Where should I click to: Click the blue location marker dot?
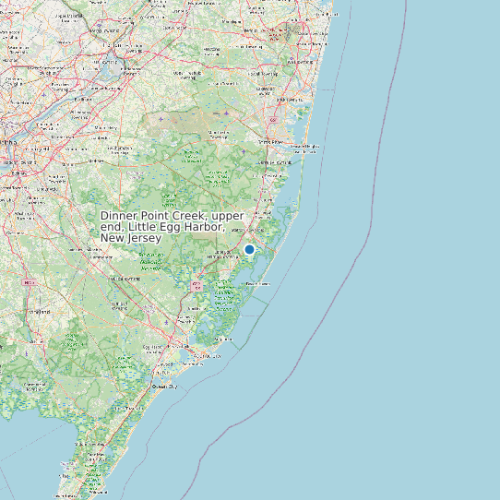coord(249,249)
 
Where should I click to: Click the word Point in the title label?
coord(149,215)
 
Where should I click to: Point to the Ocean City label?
coord(167,387)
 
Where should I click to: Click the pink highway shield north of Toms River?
coord(273,121)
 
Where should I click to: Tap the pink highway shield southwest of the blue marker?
coord(196,287)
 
